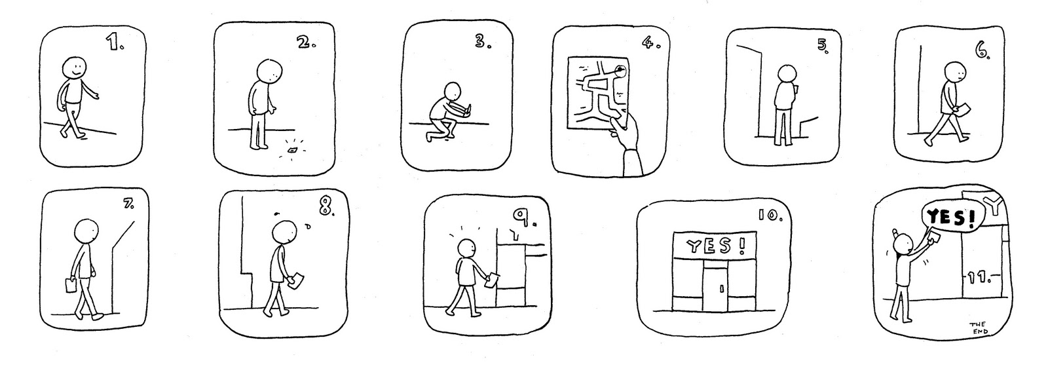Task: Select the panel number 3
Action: pos(483,42)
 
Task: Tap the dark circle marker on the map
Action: pos(620,70)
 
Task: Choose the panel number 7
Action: pos(128,205)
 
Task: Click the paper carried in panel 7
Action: pos(70,286)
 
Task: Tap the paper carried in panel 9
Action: pos(492,281)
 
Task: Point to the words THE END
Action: pos(979,328)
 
